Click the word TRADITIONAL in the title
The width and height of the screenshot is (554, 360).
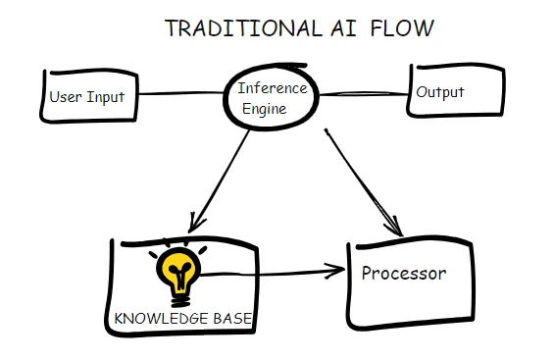227,27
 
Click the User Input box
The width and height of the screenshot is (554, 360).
87,96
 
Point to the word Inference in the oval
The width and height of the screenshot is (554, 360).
273,89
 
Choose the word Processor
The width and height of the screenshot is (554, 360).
403,273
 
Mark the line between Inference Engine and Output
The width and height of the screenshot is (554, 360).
365,94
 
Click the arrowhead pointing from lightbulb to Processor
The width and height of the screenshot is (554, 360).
338,267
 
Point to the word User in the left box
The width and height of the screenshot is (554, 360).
65,97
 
